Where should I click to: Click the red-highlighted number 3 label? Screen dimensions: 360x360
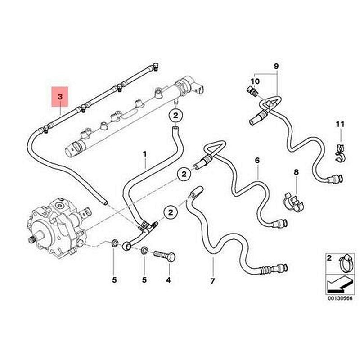click(x=60, y=96)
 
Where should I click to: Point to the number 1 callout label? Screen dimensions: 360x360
click(x=145, y=154)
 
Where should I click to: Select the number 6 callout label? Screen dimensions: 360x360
click(x=257, y=160)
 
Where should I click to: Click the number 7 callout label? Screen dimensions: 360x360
click(x=212, y=281)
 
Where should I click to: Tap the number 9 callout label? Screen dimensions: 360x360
click(x=276, y=67)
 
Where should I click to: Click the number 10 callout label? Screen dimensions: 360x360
click(x=255, y=81)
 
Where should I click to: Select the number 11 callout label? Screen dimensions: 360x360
click(x=340, y=124)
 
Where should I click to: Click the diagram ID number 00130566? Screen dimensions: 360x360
click(x=339, y=297)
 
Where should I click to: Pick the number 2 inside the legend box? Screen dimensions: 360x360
click(x=329, y=258)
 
